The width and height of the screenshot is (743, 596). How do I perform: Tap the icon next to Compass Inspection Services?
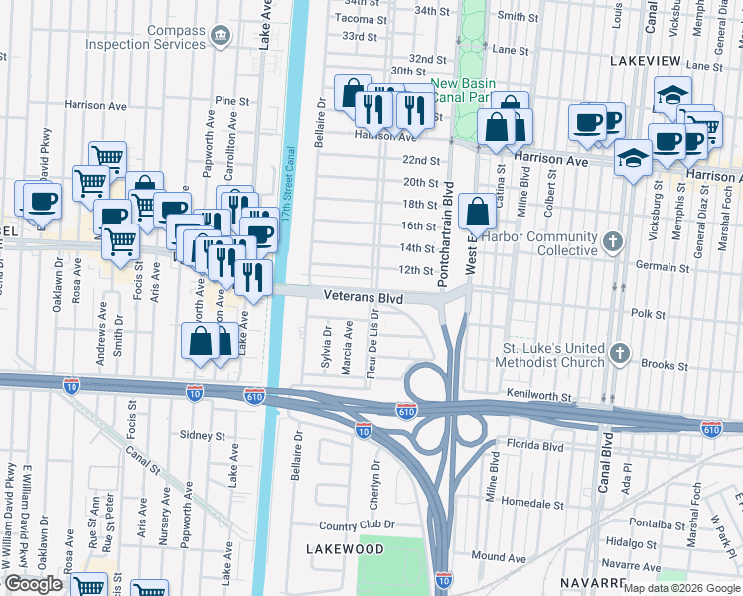tap(222, 37)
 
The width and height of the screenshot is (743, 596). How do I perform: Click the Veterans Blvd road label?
tap(363, 296)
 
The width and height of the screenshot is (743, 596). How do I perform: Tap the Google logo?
tap(33, 584)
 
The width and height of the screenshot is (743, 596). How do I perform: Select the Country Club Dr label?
tap(357, 524)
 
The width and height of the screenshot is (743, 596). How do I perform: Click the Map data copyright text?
tap(680, 588)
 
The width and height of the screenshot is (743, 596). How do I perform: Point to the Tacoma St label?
tap(362, 18)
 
